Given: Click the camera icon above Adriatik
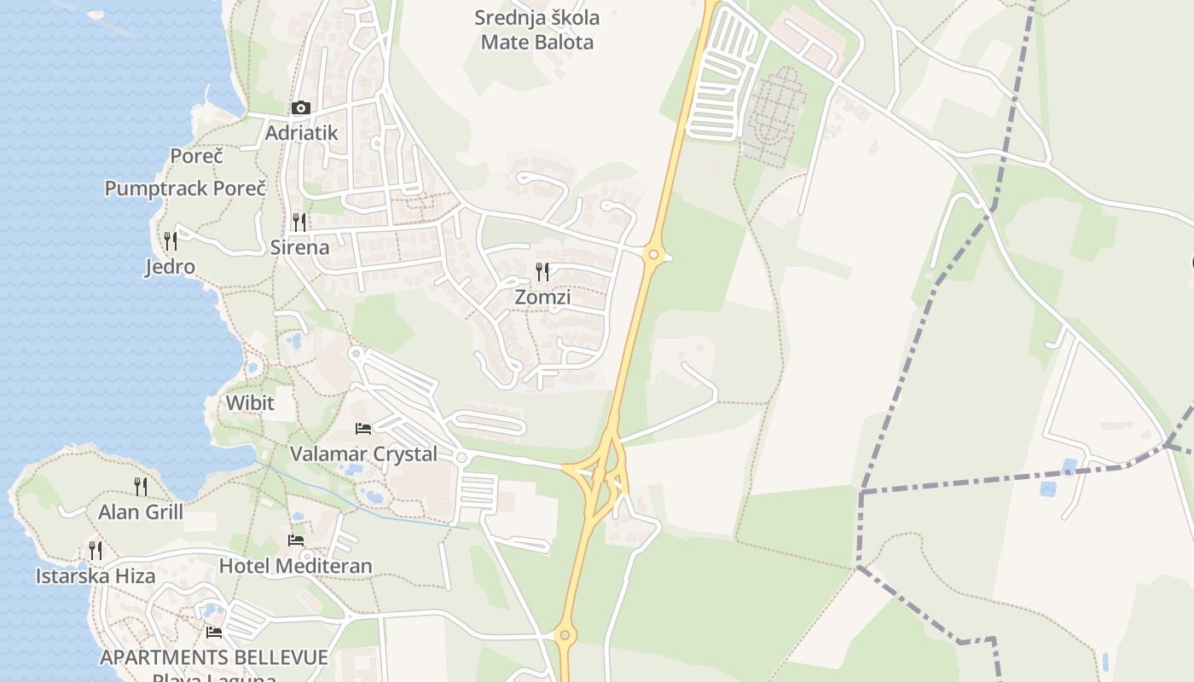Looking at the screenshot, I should (x=300, y=108).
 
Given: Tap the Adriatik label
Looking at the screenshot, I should (x=301, y=133).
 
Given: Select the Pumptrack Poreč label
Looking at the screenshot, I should (x=185, y=188).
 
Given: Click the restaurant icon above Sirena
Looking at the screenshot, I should (x=299, y=223).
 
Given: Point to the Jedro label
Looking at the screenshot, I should (x=170, y=267).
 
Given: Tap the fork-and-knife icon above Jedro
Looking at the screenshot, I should (x=171, y=241).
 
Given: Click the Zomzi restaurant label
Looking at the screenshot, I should (x=542, y=298).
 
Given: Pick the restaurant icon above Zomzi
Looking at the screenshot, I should (x=542, y=272).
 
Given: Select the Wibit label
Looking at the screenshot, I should (x=250, y=402).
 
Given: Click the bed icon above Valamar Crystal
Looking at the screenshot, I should (x=363, y=428).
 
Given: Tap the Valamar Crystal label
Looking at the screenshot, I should (x=363, y=454).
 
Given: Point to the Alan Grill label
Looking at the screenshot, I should (x=141, y=512).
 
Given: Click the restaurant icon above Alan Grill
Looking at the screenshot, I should (x=141, y=487).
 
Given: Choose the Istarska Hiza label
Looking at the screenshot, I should (x=96, y=576).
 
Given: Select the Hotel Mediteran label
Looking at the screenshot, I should (x=296, y=566).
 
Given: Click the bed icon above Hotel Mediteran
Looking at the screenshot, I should (x=296, y=540).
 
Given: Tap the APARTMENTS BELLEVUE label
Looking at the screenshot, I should (x=214, y=657).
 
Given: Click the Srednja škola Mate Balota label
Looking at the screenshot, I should (x=537, y=30).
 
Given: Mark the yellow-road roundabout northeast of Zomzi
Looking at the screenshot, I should (x=653, y=254).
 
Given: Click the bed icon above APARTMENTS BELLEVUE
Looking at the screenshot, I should (x=214, y=633).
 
